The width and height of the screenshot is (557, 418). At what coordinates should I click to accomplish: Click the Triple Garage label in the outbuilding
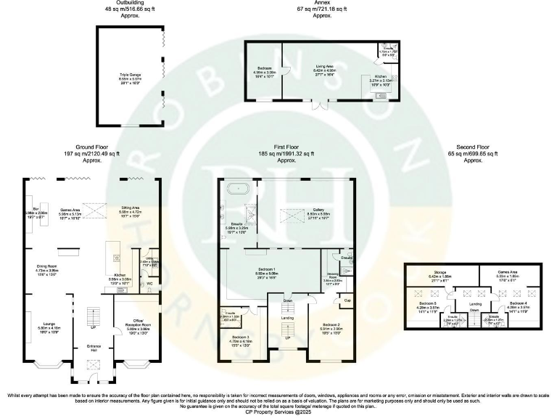coord(131,75)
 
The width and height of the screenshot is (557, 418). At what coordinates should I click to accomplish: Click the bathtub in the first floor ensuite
coord(239,189)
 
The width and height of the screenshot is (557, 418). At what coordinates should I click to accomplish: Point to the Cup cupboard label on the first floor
coord(347,300)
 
